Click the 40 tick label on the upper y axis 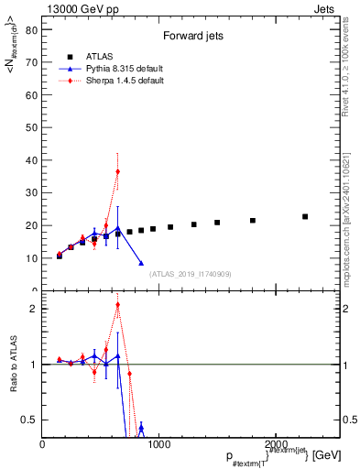[x=30, y=159]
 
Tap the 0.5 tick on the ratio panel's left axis [x=28, y=420]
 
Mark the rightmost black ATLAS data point [x=305, y=217]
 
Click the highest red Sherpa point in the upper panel [x=117, y=171]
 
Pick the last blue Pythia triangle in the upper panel [x=141, y=263]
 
